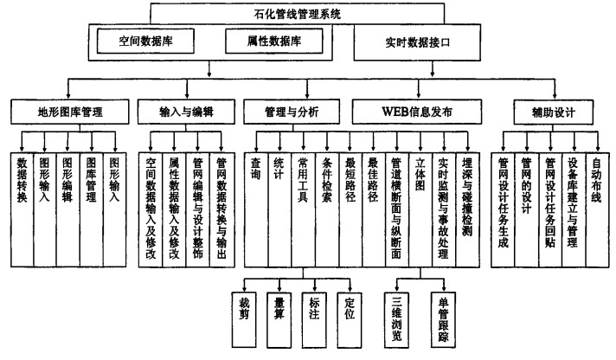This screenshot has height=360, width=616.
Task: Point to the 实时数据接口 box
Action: coord(416,41)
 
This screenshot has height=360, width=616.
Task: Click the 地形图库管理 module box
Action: coord(68,112)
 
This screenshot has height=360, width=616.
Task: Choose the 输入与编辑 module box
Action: coord(186,112)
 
